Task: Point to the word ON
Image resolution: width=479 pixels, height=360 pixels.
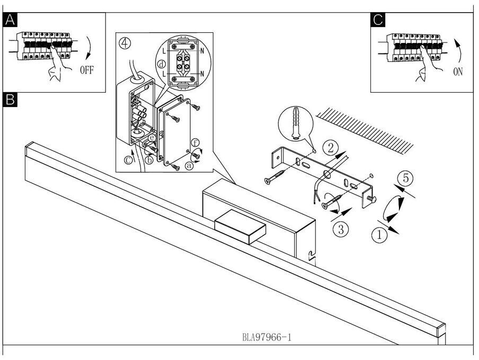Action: [x=458, y=71]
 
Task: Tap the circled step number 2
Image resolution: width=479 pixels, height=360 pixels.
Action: [x=330, y=147]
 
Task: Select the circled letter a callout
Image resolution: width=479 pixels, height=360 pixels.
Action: [x=190, y=165]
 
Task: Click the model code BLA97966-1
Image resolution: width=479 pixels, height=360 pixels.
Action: [x=267, y=336]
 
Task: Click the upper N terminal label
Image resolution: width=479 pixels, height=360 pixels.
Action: [x=201, y=52]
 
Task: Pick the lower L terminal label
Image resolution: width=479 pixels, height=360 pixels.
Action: [x=165, y=73]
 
